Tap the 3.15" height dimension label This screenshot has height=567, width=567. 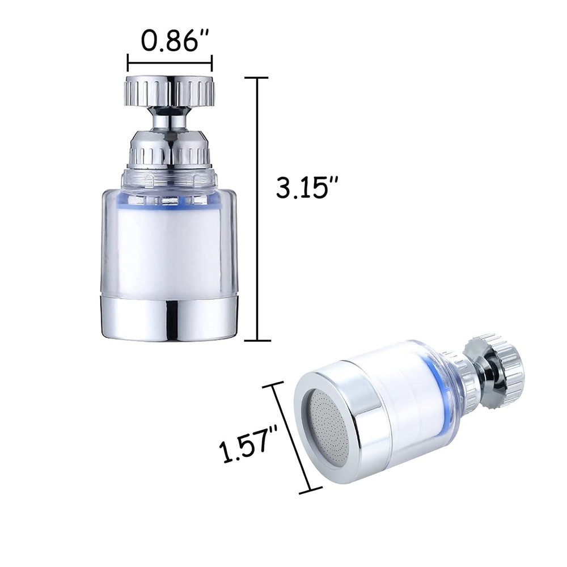pos(303,187)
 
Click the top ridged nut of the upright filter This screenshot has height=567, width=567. pos(168,91)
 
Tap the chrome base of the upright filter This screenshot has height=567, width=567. pos(168,320)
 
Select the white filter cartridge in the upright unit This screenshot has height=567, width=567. pos(168,249)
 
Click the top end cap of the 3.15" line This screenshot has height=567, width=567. pos(259,78)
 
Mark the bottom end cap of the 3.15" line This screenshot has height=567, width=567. pos(259,340)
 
